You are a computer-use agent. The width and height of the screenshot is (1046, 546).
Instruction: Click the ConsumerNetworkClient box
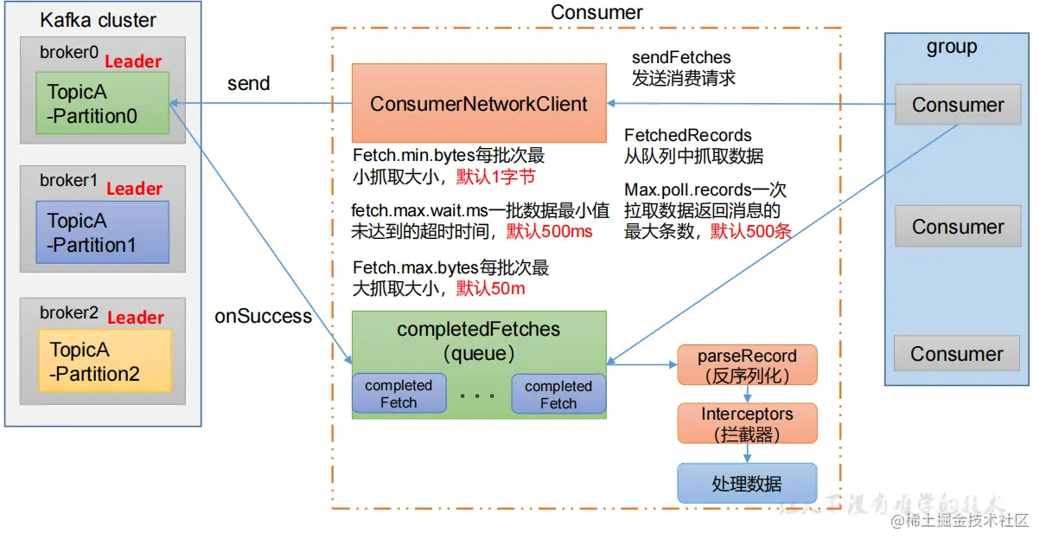[478, 103]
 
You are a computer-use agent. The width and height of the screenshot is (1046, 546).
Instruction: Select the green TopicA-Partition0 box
[102, 103]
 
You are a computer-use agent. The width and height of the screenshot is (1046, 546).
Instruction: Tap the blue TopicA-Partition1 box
[102, 232]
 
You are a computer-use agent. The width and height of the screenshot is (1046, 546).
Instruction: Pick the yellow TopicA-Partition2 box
[105, 361]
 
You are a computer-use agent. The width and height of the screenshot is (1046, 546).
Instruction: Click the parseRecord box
[747, 365]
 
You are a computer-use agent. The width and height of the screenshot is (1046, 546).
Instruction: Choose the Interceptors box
[747, 424]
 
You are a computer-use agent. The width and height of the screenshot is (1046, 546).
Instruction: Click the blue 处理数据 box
[747, 484]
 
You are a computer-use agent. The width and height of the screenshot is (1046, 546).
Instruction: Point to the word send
[249, 84]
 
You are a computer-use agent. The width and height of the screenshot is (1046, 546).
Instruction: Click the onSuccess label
[263, 317]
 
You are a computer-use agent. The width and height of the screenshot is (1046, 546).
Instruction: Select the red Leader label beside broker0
[133, 61]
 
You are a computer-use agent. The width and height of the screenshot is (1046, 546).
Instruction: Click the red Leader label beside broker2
[136, 318]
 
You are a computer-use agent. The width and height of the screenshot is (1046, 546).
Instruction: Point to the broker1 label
[68, 181]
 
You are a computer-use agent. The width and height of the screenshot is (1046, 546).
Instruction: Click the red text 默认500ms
[550, 231]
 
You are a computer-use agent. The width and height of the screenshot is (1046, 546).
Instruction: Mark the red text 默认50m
[491, 288]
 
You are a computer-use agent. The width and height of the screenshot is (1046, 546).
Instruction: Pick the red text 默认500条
[751, 230]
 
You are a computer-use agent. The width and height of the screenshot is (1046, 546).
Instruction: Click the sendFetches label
[681, 58]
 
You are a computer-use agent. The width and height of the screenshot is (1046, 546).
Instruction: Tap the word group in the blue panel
[951, 48]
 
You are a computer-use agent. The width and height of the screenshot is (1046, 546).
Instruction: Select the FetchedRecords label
[688, 136]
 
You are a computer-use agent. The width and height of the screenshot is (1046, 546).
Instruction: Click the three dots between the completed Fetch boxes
[478, 396]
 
